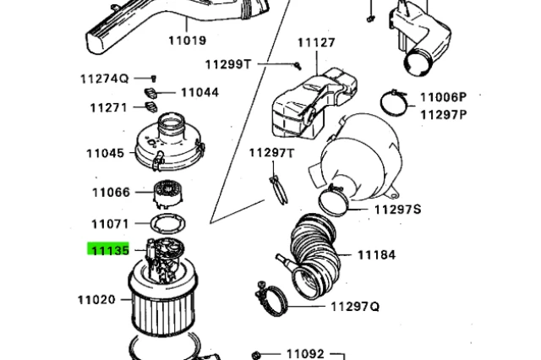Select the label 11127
(315, 42)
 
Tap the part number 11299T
(228, 63)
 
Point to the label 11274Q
(104, 79)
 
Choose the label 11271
(109, 107)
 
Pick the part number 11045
(105, 153)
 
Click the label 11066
(111, 193)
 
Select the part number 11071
(110, 224)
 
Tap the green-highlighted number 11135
(109, 250)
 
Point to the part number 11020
(96, 299)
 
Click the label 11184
(376, 254)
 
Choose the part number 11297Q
(355, 306)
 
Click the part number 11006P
(443, 98)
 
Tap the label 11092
(305, 354)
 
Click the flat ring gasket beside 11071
(167, 224)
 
